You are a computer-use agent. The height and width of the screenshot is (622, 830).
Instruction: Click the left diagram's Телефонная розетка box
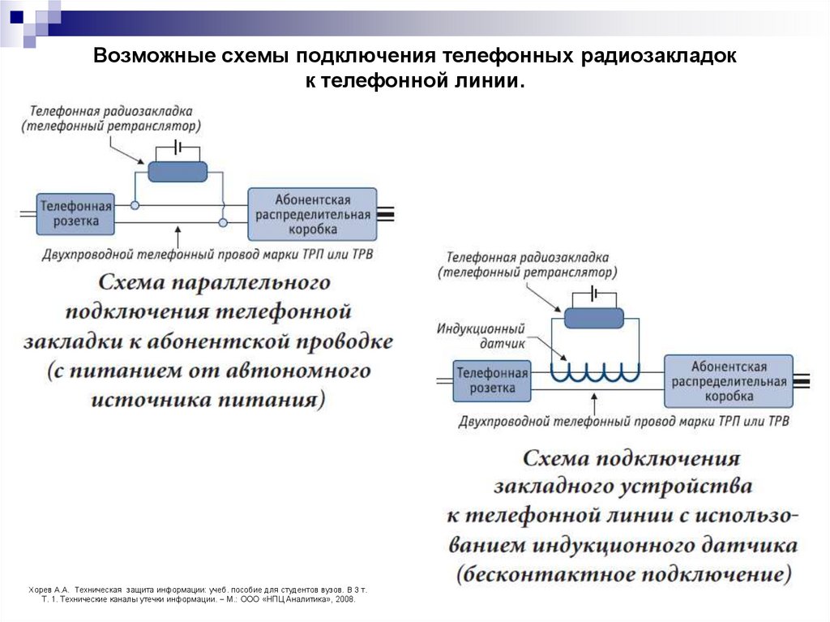click(75, 213)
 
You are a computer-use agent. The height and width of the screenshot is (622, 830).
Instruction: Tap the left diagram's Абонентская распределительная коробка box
click(312, 214)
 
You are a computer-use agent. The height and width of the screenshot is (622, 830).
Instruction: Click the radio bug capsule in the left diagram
click(178, 171)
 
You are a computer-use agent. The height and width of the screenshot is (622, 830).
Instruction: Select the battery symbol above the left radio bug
click(178, 148)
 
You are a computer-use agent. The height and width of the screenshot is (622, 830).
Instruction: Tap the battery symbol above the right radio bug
click(594, 293)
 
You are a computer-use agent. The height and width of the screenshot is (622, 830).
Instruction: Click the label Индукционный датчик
click(481, 336)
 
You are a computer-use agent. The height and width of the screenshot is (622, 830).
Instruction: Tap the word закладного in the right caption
click(566, 487)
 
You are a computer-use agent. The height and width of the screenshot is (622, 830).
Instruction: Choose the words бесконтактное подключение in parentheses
click(622, 574)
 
